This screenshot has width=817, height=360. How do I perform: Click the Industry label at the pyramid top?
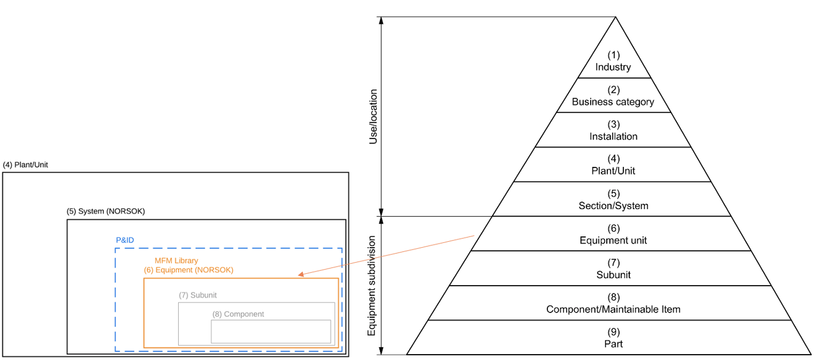[x=613, y=67]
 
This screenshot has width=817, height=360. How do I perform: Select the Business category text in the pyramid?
[x=613, y=102]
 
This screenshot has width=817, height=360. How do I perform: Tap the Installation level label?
[x=613, y=136]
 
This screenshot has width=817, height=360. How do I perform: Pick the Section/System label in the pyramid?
[x=613, y=206]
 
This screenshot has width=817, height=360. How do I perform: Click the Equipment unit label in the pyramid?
[x=613, y=241]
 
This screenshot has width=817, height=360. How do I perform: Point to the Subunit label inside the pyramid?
[x=613, y=275]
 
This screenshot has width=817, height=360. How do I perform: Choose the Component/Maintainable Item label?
[x=613, y=310]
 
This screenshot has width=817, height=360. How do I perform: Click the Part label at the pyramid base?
[x=613, y=344]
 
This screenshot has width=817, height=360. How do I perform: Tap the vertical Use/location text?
[x=373, y=116]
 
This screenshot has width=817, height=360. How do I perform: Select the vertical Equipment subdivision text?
[x=372, y=286]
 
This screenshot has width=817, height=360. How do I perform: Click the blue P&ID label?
[x=125, y=240]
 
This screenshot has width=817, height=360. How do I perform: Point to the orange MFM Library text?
[x=176, y=261]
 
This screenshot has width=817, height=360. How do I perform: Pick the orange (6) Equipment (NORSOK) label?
[x=188, y=270]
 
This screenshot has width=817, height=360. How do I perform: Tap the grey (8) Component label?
[x=238, y=314]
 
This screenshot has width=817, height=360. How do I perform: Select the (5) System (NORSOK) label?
[x=106, y=211]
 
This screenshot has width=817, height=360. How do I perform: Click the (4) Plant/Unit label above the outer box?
[x=26, y=165]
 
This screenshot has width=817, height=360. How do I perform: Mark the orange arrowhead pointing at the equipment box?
[x=301, y=274]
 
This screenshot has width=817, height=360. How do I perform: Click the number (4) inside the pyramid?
[x=613, y=159]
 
